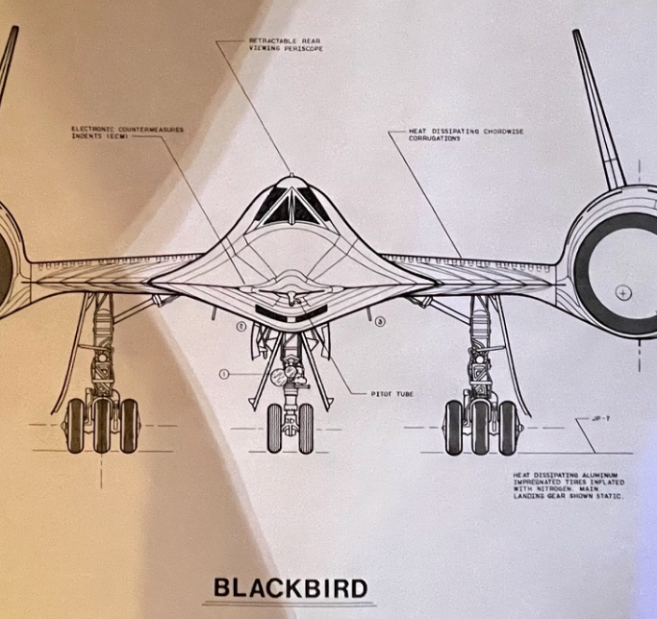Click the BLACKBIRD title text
[x=291, y=586]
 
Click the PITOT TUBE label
[x=392, y=393]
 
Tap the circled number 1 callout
[x=223, y=372]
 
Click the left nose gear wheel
[x=275, y=428]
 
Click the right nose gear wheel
[x=306, y=428]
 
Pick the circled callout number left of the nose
[x=241, y=326]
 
